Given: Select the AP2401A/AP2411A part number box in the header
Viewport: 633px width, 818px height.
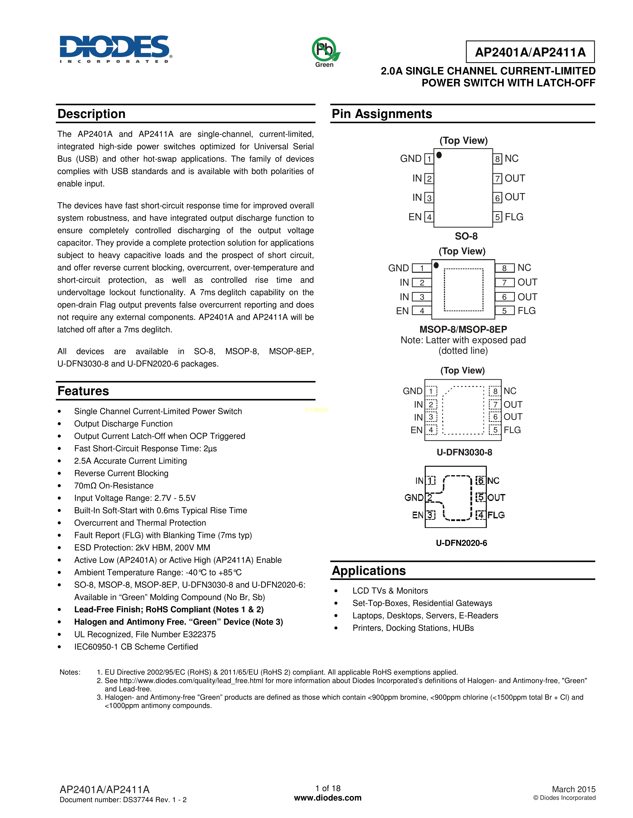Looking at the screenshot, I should click(530, 52).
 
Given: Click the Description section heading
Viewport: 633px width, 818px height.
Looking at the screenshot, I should click(92, 114).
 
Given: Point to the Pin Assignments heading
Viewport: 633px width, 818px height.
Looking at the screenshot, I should click(382, 114).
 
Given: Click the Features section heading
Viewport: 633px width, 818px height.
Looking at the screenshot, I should click(83, 391).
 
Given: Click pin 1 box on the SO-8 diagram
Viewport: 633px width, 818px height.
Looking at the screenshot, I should click(429, 159).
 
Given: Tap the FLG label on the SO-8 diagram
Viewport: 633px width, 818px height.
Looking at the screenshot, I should click(514, 217).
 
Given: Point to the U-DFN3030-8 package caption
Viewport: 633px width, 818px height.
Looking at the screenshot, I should click(464, 452).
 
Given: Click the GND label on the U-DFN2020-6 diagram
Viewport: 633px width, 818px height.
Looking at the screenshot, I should click(414, 497).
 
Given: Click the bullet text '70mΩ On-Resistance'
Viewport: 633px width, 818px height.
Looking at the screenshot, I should click(114, 486).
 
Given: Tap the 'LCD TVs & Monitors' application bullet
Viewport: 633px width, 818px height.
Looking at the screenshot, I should click(390, 591).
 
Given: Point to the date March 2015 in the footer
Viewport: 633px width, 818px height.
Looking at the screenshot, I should click(573, 789).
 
